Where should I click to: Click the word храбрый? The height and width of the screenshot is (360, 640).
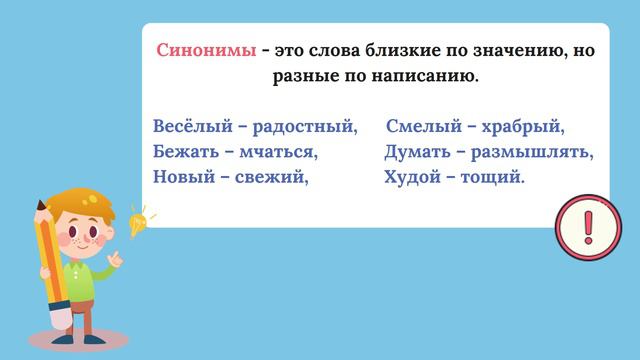(x=523, y=128)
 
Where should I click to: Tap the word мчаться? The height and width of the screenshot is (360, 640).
(x=279, y=153)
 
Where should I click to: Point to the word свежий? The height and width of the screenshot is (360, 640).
(x=271, y=177)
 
